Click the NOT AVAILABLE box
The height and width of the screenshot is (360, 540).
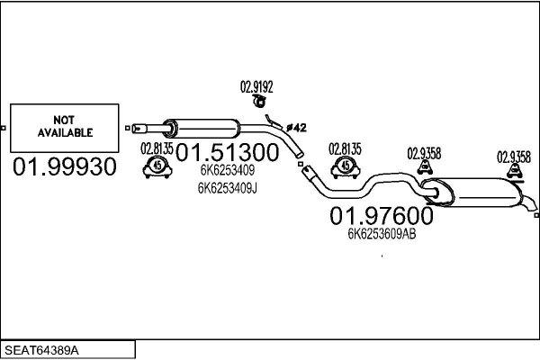pos(65,127)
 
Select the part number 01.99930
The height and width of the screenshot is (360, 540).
pos(64,167)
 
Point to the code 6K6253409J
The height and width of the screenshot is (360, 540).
pos(227,188)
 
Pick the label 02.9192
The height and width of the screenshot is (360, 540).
pos(256,87)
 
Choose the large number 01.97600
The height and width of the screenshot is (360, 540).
pos(381,216)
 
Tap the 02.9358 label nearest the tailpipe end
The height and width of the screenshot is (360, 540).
pos(514,156)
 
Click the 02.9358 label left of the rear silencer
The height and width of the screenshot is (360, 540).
pos(424,153)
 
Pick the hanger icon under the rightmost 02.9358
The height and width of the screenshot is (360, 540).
pos(514,171)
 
